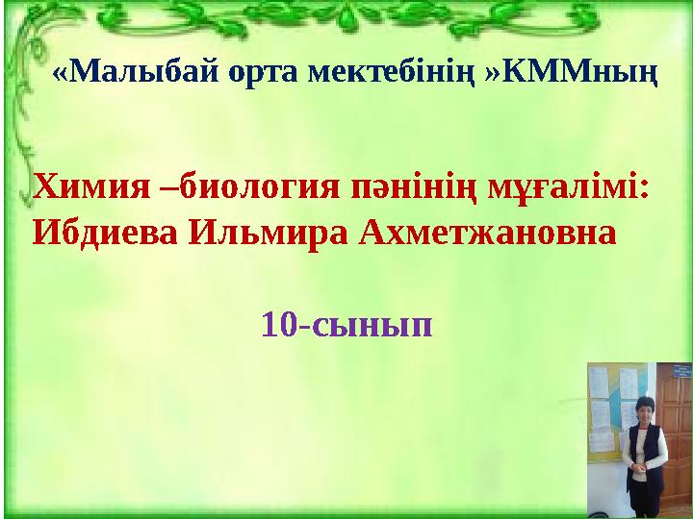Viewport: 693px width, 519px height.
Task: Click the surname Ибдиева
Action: [106, 233]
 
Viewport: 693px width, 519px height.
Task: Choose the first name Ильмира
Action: [269, 234]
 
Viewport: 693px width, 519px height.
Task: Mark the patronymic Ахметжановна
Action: [487, 233]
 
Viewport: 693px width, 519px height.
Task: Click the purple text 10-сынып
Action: [346, 325]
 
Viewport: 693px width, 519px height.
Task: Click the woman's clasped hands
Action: [641, 467]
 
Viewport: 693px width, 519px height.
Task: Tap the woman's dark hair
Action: [642, 404]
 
